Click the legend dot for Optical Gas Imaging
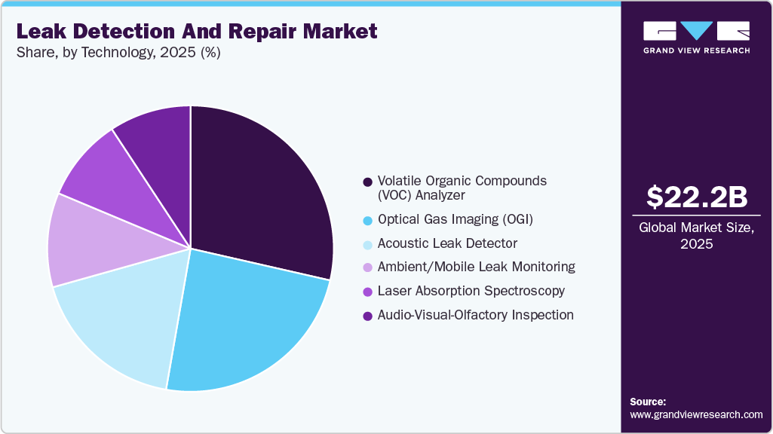[x=367, y=220]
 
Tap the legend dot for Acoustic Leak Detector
[x=367, y=243]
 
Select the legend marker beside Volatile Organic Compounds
[x=367, y=182]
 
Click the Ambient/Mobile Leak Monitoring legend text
[x=476, y=267]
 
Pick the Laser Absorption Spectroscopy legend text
[x=471, y=291]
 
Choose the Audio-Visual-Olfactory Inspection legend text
[x=475, y=315]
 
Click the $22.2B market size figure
[x=697, y=197]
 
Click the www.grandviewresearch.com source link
[x=696, y=414]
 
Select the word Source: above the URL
[x=648, y=402]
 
